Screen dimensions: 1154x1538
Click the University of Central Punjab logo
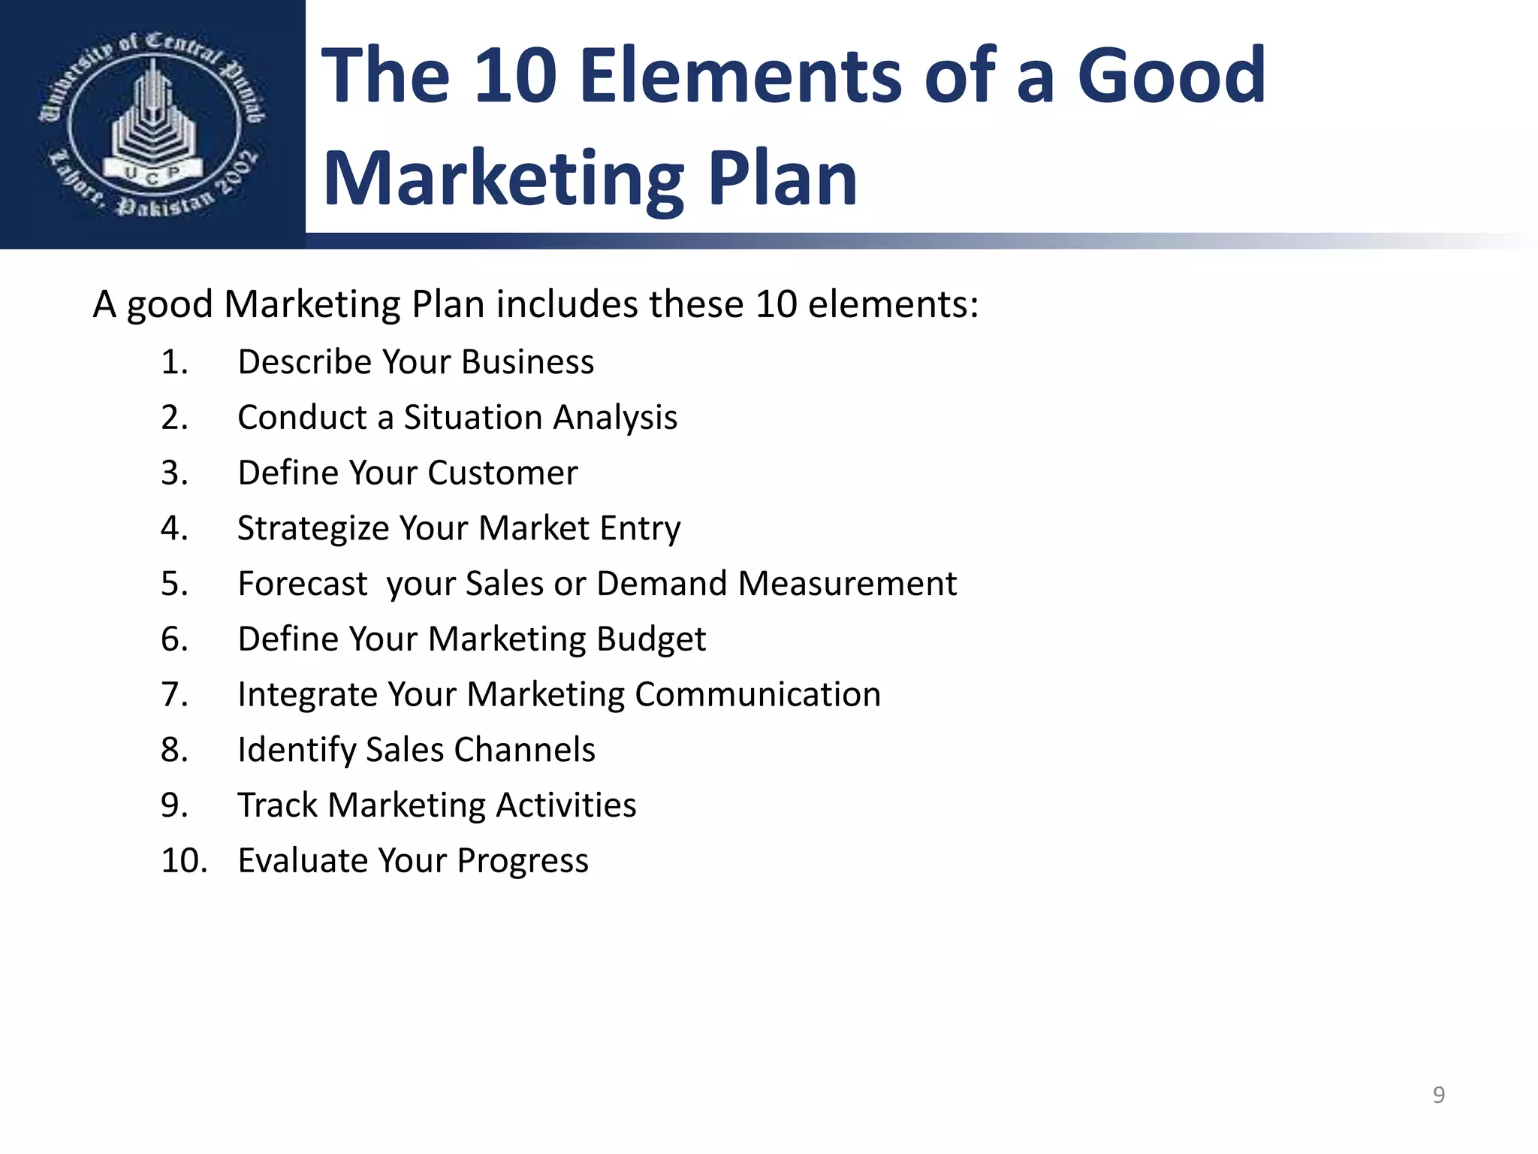tap(152, 124)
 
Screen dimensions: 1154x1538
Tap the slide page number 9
tap(1438, 1095)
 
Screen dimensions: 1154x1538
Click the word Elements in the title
tap(741, 76)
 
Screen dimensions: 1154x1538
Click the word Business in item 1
tap(527, 362)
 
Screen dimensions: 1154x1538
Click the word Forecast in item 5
tap(303, 584)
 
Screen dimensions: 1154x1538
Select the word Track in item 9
tap(277, 805)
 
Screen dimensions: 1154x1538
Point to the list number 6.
tap(174, 639)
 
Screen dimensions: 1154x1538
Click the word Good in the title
tap(1172, 76)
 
